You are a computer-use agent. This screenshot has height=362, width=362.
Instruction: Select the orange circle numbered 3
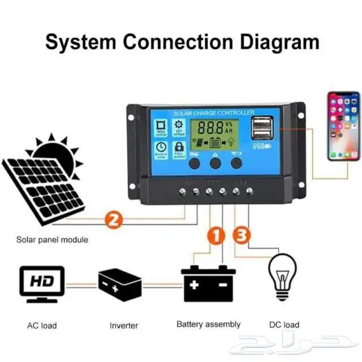click(x=240, y=235)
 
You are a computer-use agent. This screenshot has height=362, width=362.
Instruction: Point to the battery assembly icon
click(x=208, y=283)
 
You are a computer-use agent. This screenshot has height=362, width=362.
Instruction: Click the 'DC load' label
click(x=283, y=325)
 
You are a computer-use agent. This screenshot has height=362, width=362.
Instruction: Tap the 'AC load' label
click(x=42, y=325)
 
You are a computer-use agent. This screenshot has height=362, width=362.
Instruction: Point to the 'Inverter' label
click(x=124, y=325)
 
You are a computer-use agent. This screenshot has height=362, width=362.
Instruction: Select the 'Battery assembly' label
click(x=208, y=324)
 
